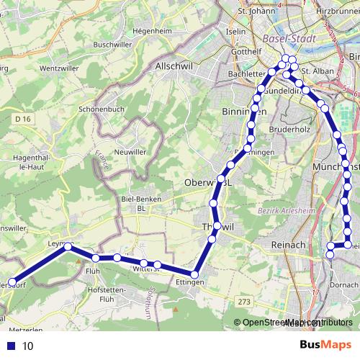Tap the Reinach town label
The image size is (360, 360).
(289, 246)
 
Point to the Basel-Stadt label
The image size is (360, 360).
(287, 38)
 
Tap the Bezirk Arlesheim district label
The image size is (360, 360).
(282, 210)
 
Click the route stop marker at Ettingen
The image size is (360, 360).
(194, 274)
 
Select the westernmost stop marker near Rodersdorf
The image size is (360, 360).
(12, 283)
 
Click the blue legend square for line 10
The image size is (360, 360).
(12, 346)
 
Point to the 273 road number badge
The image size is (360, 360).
(246, 302)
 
